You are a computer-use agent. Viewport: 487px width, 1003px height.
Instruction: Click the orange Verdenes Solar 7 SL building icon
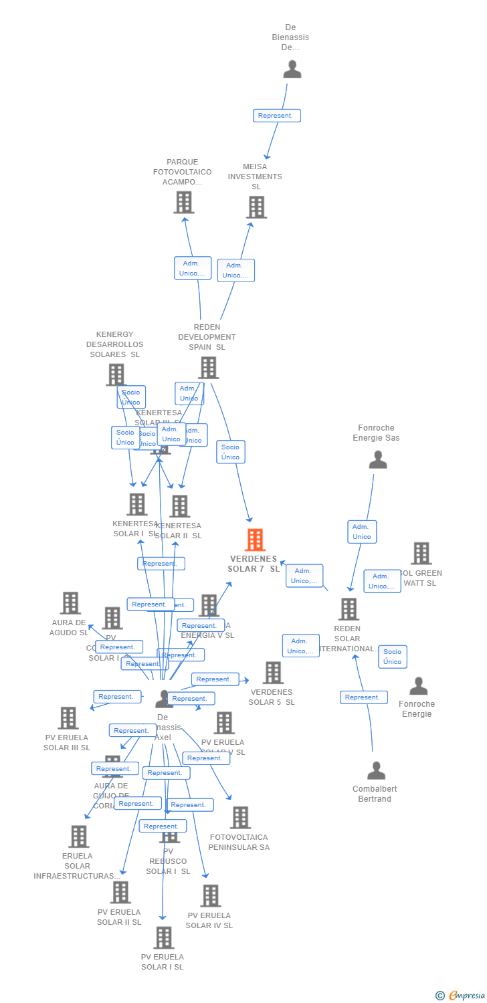255,540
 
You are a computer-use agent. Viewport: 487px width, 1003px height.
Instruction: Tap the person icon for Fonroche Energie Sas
378,459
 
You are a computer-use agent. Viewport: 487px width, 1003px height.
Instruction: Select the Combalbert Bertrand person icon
376,770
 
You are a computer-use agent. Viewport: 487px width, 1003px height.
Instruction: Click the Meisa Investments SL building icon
256,207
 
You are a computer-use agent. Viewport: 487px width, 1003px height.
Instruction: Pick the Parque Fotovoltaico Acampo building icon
184,202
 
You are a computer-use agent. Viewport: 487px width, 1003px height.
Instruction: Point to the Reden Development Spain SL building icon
208,367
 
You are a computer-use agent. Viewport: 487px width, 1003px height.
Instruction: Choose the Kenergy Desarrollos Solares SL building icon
116,374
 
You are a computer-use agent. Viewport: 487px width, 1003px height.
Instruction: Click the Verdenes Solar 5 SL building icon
273,673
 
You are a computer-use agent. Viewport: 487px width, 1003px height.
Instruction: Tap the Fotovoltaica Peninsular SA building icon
240,817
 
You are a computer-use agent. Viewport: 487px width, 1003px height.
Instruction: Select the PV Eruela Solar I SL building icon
163,937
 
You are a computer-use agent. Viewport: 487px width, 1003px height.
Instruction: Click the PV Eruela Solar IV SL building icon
210,896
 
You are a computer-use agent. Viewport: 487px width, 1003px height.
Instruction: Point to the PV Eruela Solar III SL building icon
68,718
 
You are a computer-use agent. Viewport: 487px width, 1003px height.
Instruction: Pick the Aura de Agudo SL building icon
70,603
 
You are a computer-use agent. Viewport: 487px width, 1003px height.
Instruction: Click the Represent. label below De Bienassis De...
276,116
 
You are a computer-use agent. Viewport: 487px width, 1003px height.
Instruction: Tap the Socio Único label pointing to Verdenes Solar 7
230,452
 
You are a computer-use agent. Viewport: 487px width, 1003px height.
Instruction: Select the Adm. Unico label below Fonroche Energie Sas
362,532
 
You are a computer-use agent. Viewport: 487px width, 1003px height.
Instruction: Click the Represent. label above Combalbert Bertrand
363,697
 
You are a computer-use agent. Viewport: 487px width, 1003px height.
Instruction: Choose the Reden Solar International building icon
349,609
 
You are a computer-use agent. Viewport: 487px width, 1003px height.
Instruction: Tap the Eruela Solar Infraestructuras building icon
78,836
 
